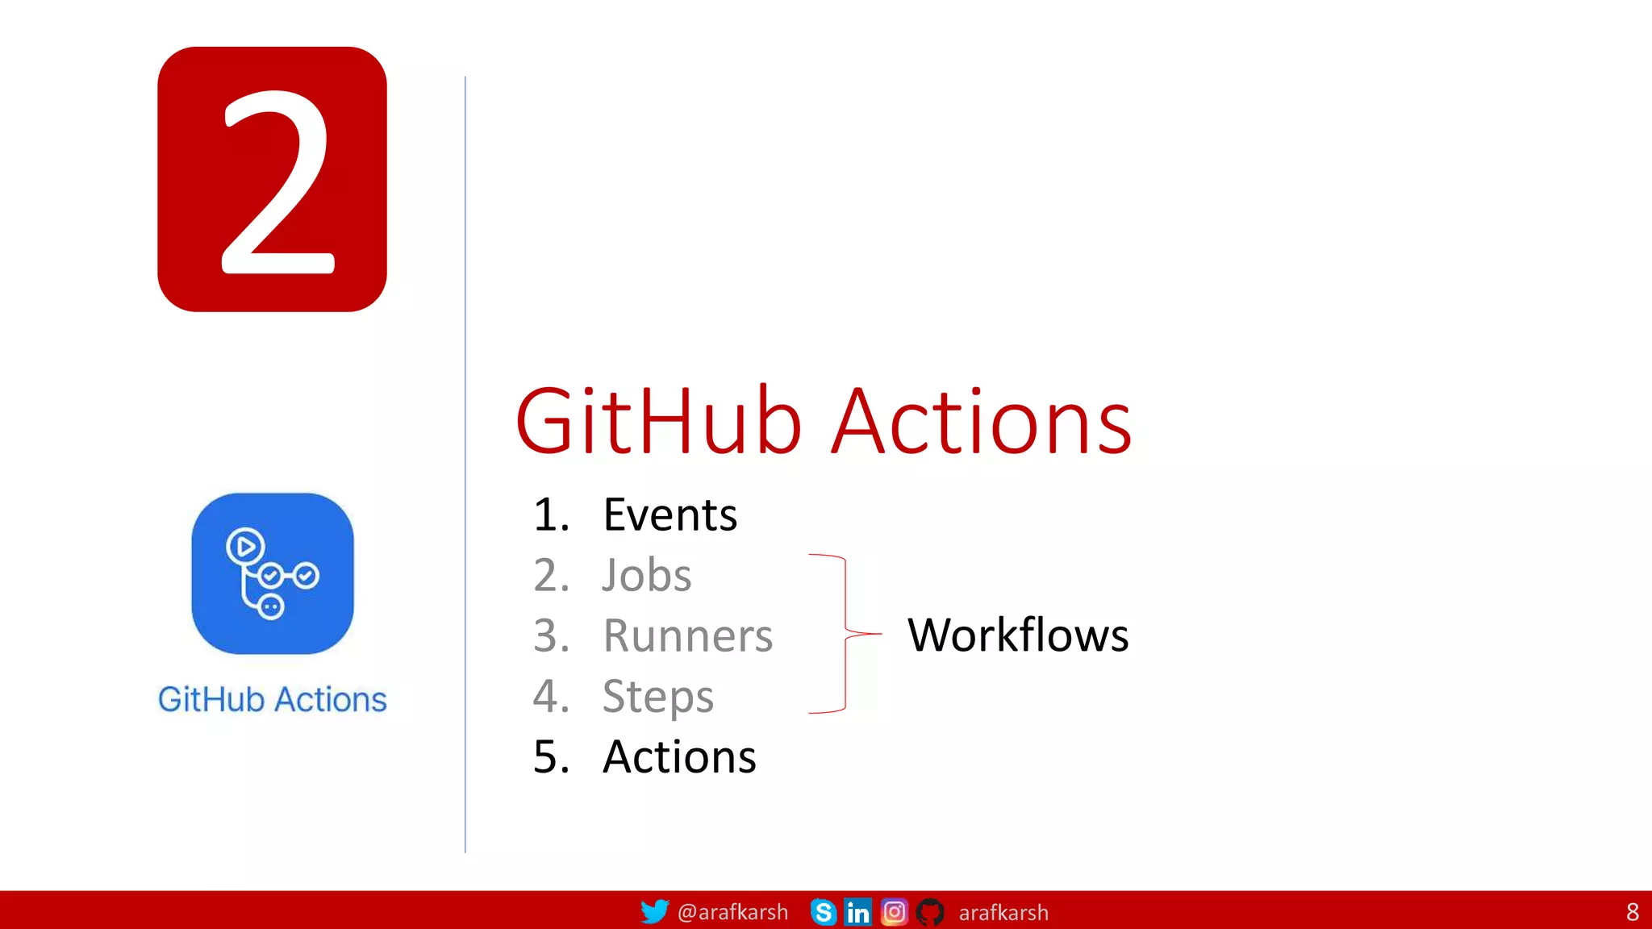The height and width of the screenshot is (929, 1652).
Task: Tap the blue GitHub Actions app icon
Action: pyautogui.click(x=273, y=573)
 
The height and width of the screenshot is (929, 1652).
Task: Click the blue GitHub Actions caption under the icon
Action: pyautogui.click(x=273, y=700)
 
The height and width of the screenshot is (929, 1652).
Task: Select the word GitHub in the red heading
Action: pyautogui.click(x=658, y=422)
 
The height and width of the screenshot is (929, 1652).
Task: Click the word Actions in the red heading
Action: pyautogui.click(x=982, y=422)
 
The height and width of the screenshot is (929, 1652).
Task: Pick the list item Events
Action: pyautogui.click(x=670, y=514)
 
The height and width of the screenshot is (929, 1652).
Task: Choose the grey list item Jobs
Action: pyautogui.click(x=646, y=575)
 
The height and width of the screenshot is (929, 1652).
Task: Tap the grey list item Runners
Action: pyautogui.click(x=687, y=635)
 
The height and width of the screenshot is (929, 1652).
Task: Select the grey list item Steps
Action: pyautogui.click(x=657, y=697)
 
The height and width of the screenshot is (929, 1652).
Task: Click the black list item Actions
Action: pyautogui.click(x=679, y=757)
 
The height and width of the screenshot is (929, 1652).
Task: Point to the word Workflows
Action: pyautogui.click(x=1018, y=635)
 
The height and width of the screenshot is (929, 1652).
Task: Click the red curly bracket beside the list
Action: pyautogui.click(x=845, y=634)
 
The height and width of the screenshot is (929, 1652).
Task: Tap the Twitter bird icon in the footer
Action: pyautogui.click(x=654, y=911)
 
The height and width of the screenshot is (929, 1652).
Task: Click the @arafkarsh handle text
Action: pyautogui.click(x=732, y=912)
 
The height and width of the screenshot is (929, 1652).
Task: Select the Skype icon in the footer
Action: pyautogui.click(x=823, y=912)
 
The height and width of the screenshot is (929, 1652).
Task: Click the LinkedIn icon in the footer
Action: pyautogui.click(x=857, y=912)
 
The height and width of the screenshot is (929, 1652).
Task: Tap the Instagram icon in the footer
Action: pyautogui.click(x=894, y=912)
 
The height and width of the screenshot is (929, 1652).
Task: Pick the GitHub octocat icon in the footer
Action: pyautogui.click(x=930, y=912)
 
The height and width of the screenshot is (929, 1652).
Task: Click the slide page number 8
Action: pyautogui.click(x=1632, y=912)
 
